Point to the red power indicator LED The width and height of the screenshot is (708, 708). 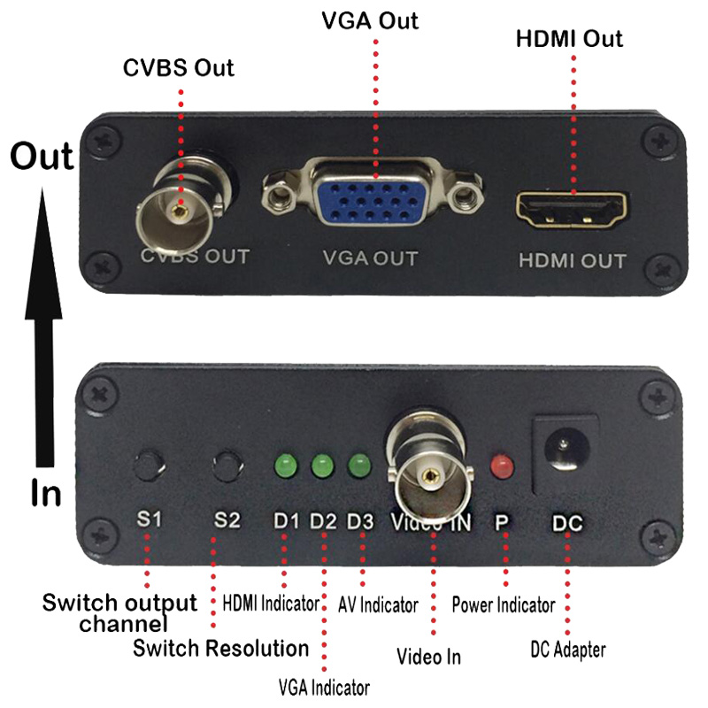click(x=502, y=465)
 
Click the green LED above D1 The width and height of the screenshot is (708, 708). click(x=286, y=464)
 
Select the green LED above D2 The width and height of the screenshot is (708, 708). click(x=322, y=464)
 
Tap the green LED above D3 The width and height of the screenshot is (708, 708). click(x=358, y=464)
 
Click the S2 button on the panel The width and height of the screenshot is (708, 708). click(x=228, y=464)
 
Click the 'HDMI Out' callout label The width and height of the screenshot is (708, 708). click(x=570, y=39)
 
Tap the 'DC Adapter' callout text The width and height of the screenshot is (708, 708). click(x=566, y=650)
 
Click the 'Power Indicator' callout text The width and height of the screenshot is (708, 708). click(x=503, y=605)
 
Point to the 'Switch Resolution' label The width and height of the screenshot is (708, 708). click(x=220, y=648)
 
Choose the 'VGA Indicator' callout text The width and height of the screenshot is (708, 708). click(x=323, y=687)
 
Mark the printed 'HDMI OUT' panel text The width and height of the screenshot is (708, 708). click(x=572, y=261)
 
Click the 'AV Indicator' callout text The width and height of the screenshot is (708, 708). click(x=378, y=605)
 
